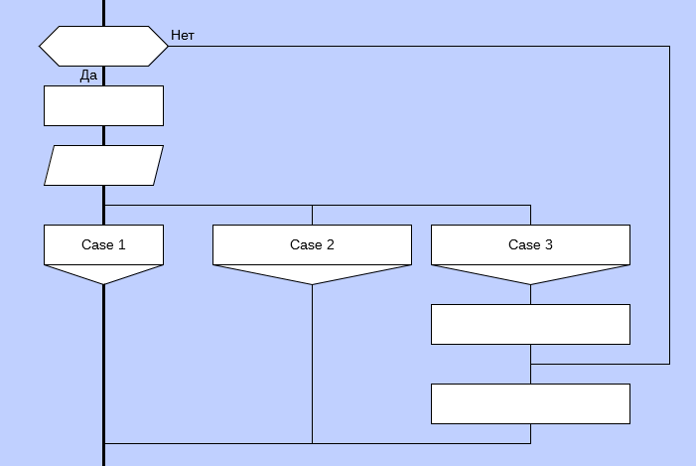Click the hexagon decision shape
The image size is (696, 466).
pyautogui.click(x=103, y=46)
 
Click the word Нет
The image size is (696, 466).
pyautogui.click(x=183, y=35)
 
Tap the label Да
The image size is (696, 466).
pyautogui.click(x=89, y=76)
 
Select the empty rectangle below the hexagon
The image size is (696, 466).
pyautogui.click(x=103, y=105)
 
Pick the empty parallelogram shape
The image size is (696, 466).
pyautogui.click(x=103, y=165)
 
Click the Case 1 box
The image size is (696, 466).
pyautogui.click(x=103, y=244)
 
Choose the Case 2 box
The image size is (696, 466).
pyautogui.click(x=312, y=244)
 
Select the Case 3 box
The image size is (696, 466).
pyautogui.click(x=530, y=244)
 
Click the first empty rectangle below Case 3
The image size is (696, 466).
pyautogui.click(x=530, y=324)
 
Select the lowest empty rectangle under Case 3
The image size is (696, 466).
pyautogui.click(x=530, y=403)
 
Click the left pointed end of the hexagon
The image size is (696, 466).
pyautogui.click(x=42, y=46)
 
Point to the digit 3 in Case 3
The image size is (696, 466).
pyautogui.click(x=549, y=244)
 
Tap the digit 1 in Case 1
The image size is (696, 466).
pyautogui.click(x=122, y=244)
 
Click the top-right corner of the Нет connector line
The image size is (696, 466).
pyautogui.click(x=669, y=46)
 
